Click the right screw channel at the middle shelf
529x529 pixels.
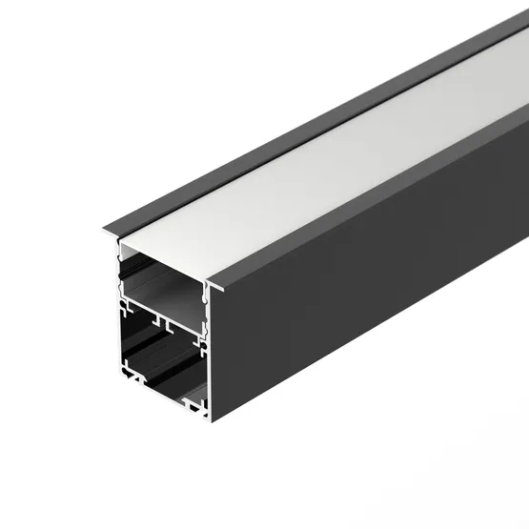click(x=202, y=334)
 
